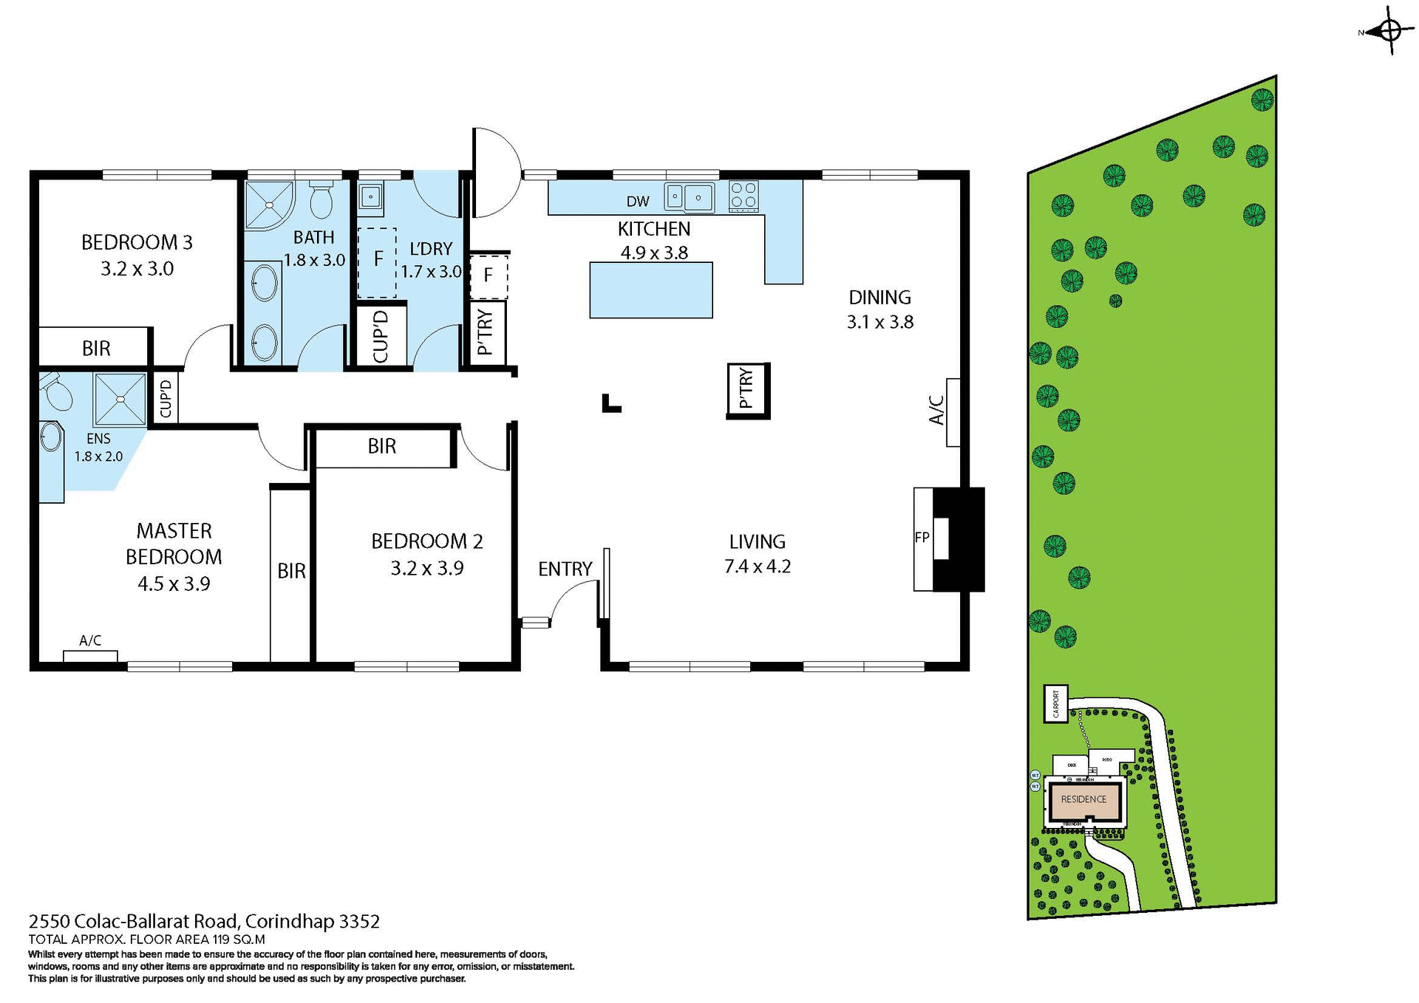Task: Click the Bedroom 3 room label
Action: (137, 242)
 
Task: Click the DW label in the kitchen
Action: (638, 202)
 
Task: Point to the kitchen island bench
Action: (650, 290)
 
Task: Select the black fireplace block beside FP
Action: (959, 539)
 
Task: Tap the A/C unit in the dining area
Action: (953, 412)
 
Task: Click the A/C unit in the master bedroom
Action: (90, 656)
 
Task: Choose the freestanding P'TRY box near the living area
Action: (748, 391)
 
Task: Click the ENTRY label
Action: (565, 569)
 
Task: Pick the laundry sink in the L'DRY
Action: (370, 196)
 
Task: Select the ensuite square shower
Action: (120, 399)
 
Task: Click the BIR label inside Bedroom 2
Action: (381, 446)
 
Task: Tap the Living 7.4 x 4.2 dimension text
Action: (757, 566)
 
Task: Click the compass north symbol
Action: (1389, 31)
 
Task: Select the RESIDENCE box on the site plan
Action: (1083, 799)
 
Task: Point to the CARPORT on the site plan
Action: (1055, 703)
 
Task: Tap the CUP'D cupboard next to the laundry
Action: (381, 336)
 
